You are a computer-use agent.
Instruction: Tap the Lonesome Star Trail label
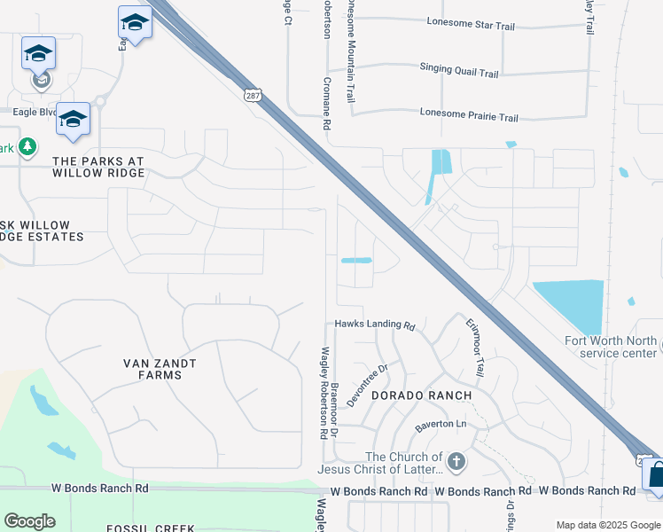[470, 26]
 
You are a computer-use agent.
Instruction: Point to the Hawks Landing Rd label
[375, 325]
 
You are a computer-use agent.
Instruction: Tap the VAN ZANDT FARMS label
[160, 369]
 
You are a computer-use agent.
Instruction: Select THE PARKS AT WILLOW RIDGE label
[98, 167]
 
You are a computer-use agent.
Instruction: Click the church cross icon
[456, 461]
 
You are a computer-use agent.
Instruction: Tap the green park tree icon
[27, 146]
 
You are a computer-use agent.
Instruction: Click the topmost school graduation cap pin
[135, 22]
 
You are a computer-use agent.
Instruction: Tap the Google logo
[29, 521]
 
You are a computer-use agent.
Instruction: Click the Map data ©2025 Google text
[607, 525]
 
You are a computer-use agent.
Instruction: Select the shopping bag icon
[656, 475]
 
